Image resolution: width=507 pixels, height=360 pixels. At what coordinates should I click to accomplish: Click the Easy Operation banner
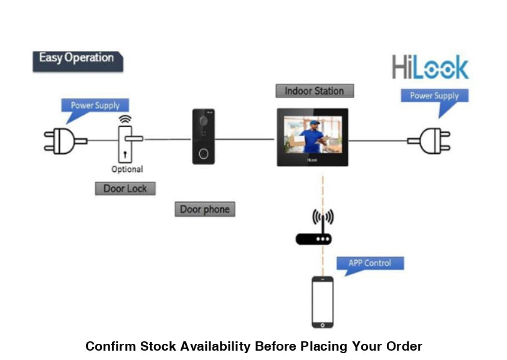pos(77,59)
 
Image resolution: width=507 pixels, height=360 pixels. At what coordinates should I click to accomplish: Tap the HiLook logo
pos(430,67)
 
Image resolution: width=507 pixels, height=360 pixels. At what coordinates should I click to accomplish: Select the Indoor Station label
pos(314,91)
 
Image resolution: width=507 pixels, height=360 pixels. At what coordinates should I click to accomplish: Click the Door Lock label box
pos(125,188)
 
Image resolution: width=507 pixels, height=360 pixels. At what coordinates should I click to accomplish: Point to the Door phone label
pos(204,209)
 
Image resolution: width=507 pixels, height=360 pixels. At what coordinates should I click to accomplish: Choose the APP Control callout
pos(369,263)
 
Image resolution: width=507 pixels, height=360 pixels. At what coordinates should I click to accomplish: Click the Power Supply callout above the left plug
pos(95,105)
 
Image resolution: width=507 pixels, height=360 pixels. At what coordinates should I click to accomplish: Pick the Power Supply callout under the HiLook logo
pos(434,96)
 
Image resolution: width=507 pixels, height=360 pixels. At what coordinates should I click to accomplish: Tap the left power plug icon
pos(61,141)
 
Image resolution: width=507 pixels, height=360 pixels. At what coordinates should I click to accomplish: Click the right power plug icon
pos(431,140)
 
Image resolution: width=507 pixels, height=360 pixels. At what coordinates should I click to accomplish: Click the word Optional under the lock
pos(127,169)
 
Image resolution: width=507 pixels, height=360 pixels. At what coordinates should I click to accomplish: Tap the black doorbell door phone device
pos(204,136)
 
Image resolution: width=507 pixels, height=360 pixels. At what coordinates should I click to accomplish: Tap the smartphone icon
pos(322,302)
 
